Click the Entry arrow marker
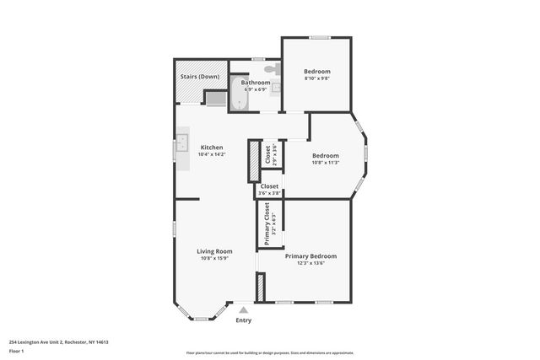243,310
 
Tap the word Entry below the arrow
243,320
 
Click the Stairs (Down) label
200,77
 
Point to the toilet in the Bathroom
271,69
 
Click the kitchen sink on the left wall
181,147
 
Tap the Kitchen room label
212,148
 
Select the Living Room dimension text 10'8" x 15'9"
215,258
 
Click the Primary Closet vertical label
267,224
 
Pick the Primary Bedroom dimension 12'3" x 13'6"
310,263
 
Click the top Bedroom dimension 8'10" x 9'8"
316,78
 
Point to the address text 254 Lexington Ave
59,342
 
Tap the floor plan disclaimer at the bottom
270,352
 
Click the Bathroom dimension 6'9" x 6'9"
255,89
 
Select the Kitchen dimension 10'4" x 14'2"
212,154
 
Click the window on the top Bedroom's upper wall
319,37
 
